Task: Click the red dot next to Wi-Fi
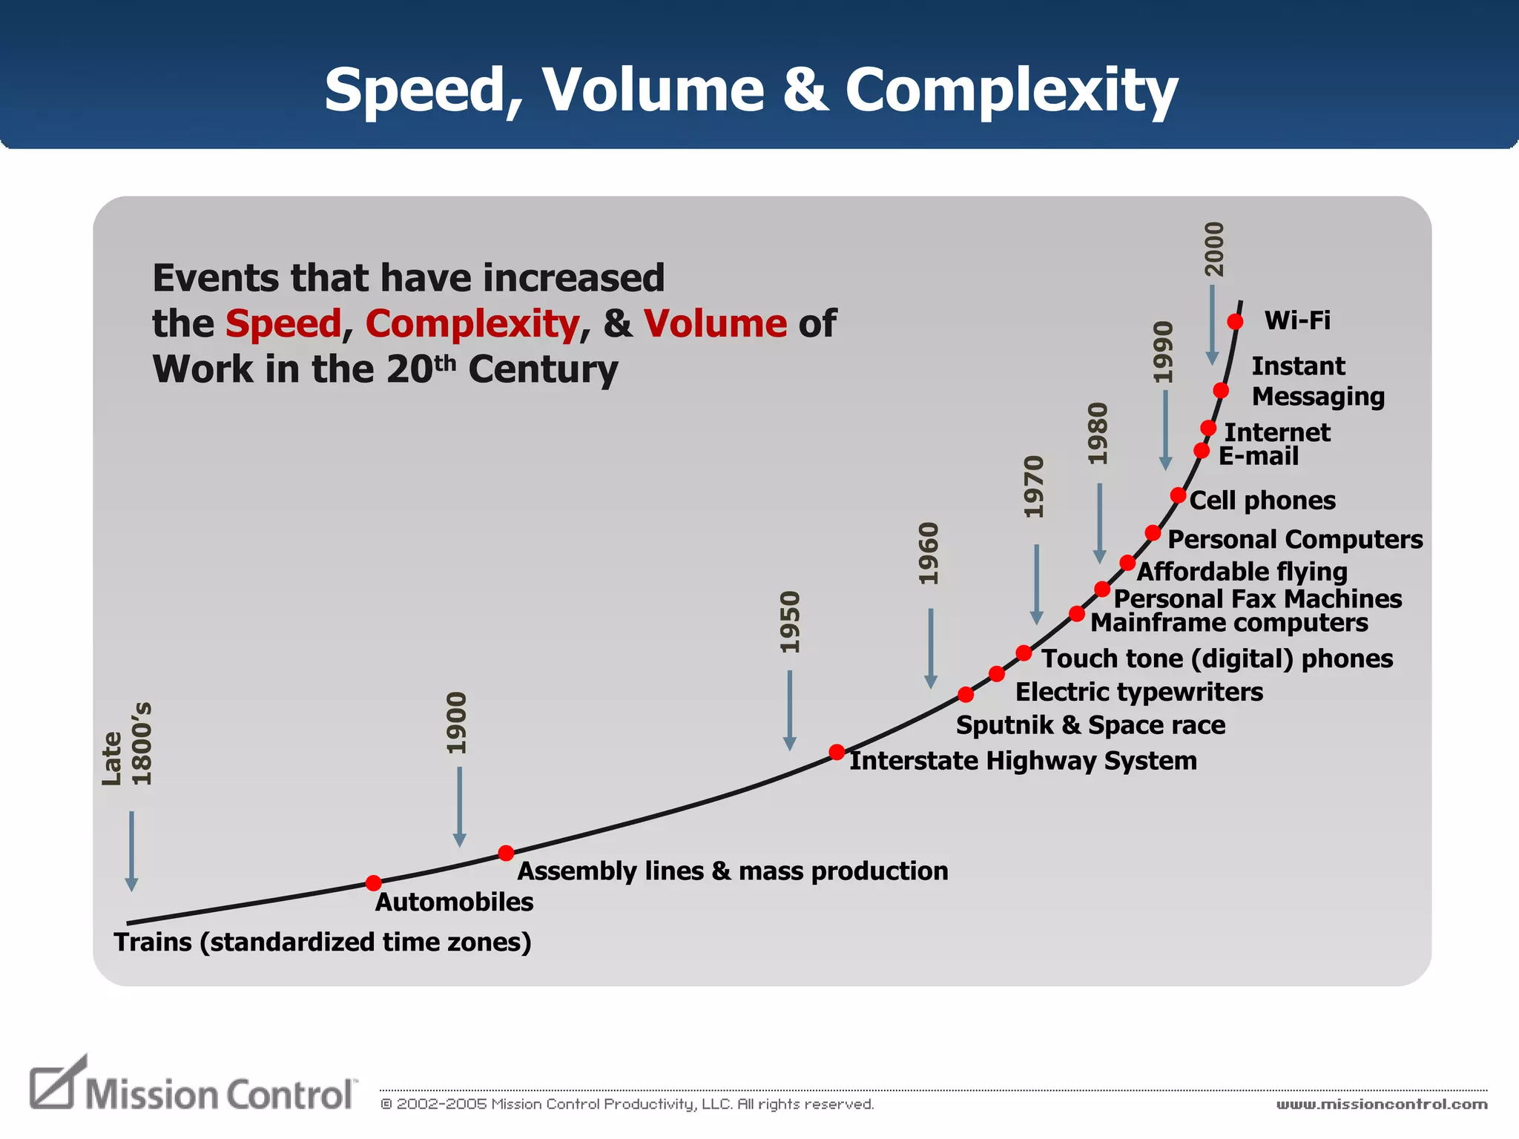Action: [x=1235, y=321]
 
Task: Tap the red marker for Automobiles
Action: [x=374, y=882]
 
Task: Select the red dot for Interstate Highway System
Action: [x=837, y=752]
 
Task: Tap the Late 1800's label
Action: [x=126, y=744]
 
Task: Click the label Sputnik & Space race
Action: [x=1090, y=724]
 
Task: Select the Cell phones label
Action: [x=1262, y=501]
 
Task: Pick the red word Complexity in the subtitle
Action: [x=472, y=324]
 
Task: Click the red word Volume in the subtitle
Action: [x=715, y=324]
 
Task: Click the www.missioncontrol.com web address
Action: [x=1381, y=1104]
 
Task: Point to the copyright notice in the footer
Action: [x=627, y=1104]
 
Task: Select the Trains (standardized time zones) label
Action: [x=323, y=942]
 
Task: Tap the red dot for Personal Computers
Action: [x=1153, y=532]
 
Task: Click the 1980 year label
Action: [x=1098, y=434]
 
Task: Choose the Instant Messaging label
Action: [x=1317, y=381]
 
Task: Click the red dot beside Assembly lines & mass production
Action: [x=506, y=853]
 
